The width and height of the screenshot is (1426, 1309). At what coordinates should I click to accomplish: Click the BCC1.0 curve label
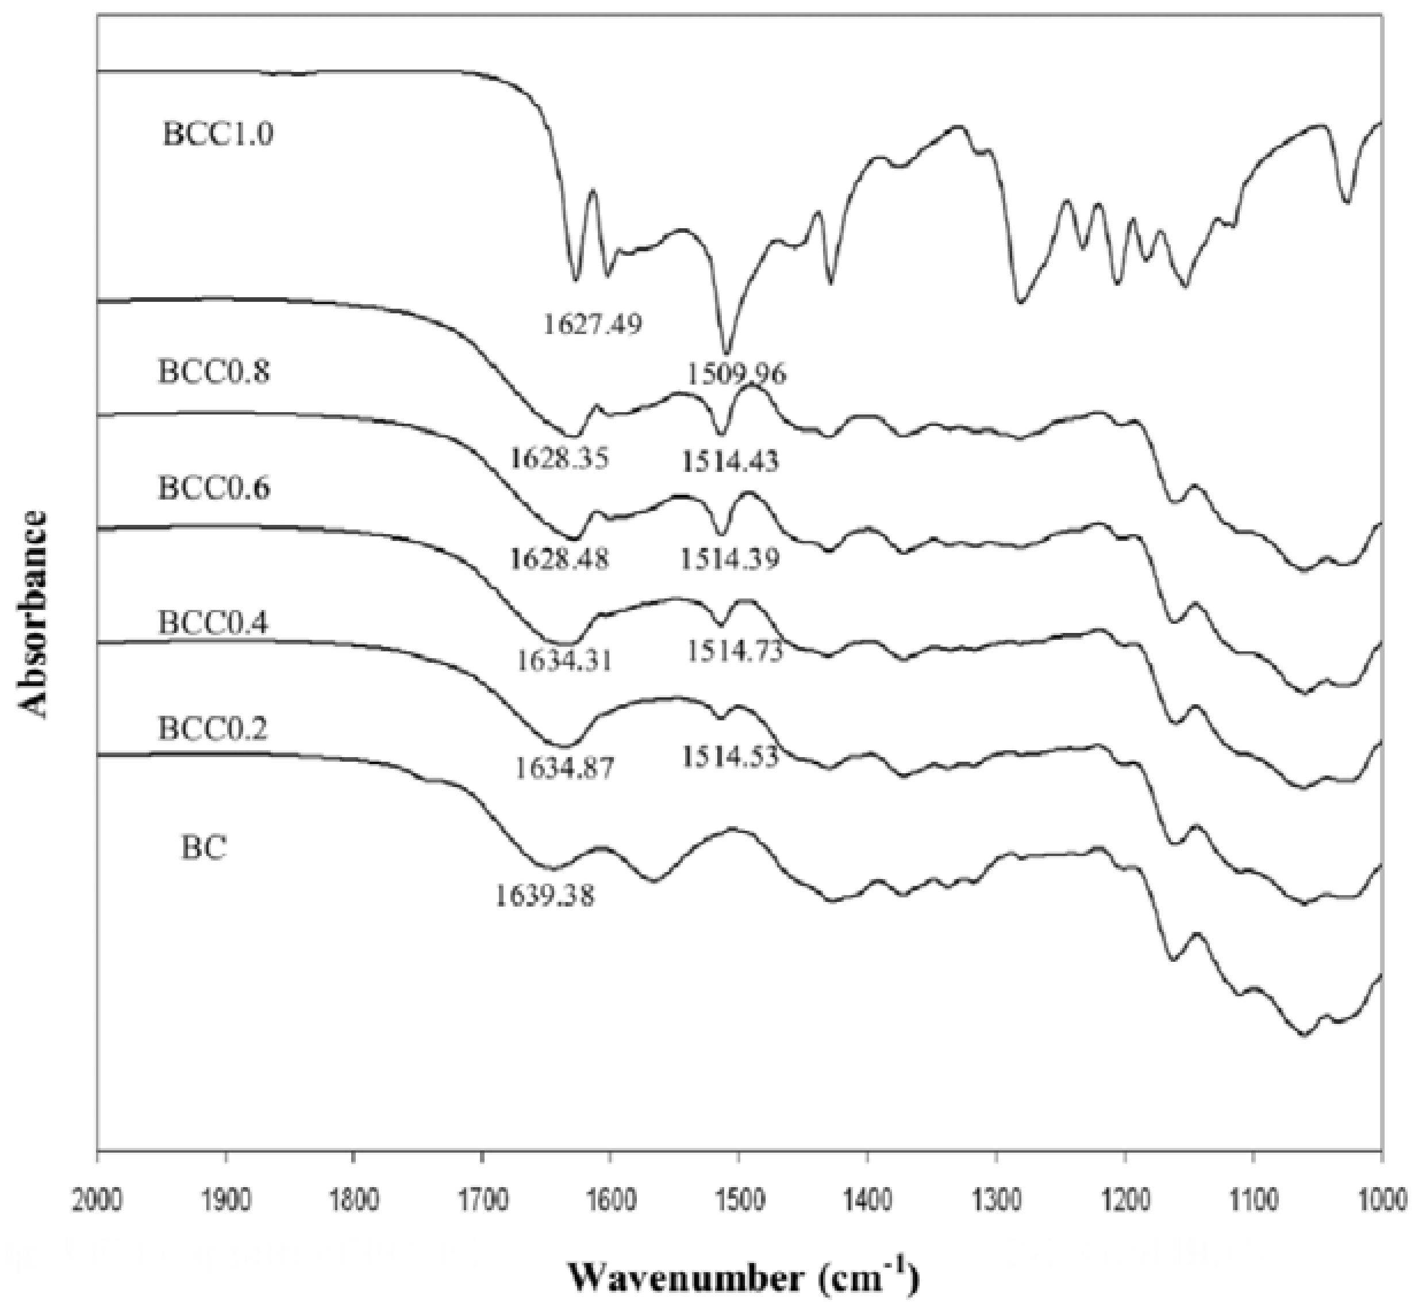pyautogui.click(x=217, y=134)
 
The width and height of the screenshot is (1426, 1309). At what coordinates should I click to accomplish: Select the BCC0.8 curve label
pyautogui.click(x=214, y=372)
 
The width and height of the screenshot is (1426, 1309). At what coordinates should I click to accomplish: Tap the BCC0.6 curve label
pyautogui.click(x=214, y=489)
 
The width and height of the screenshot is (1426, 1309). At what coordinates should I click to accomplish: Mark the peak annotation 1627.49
pyautogui.click(x=593, y=324)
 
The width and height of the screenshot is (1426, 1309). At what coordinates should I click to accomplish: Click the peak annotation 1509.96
pyautogui.click(x=736, y=373)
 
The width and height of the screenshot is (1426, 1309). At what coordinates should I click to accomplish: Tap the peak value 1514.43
pyautogui.click(x=730, y=461)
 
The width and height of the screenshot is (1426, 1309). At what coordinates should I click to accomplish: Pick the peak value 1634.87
pyautogui.click(x=564, y=767)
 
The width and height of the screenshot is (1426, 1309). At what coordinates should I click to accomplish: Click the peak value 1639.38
pyautogui.click(x=544, y=897)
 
